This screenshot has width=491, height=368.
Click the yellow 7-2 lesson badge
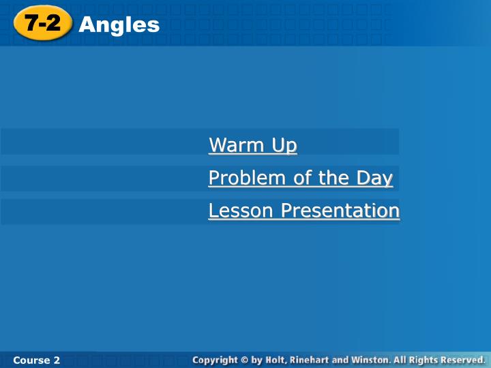click(x=43, y=23)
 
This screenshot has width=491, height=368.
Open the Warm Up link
click(x=253, y=145)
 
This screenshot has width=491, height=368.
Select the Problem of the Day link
click(x=301, y=178)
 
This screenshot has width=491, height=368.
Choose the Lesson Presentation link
click(x=304, y=211)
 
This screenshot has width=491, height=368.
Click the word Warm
click(x=237, y=144)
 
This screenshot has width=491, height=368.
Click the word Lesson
click(x=241, y=211)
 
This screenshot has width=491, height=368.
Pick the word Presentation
click(x=340, y=211)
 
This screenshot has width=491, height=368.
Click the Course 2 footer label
click(x=36, y=361)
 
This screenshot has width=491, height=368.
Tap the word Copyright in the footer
click(x=215, y=361)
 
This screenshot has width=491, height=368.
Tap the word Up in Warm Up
click(x=284, y=146)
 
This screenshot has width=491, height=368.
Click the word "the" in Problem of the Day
click(x=333, y=178)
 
